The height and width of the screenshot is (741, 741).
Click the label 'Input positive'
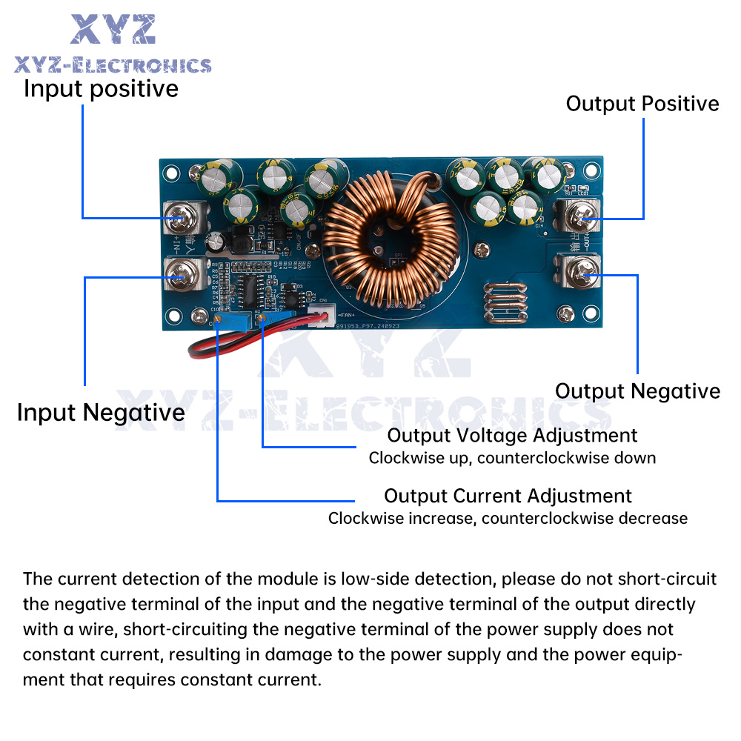point(101,89)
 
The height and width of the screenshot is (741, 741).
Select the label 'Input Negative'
point(101,412)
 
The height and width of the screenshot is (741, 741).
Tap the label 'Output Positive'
point(642,104)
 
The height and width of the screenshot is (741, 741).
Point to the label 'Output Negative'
point(637,391)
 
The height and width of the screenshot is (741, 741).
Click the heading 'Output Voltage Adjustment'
point(512,435)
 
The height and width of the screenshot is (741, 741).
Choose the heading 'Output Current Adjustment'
point(508,496)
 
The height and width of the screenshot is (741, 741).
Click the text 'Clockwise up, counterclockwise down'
point(512,458)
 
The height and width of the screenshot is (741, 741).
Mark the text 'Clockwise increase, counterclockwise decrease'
point(508,518)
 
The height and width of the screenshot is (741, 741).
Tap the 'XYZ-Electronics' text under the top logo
point(113,65)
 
